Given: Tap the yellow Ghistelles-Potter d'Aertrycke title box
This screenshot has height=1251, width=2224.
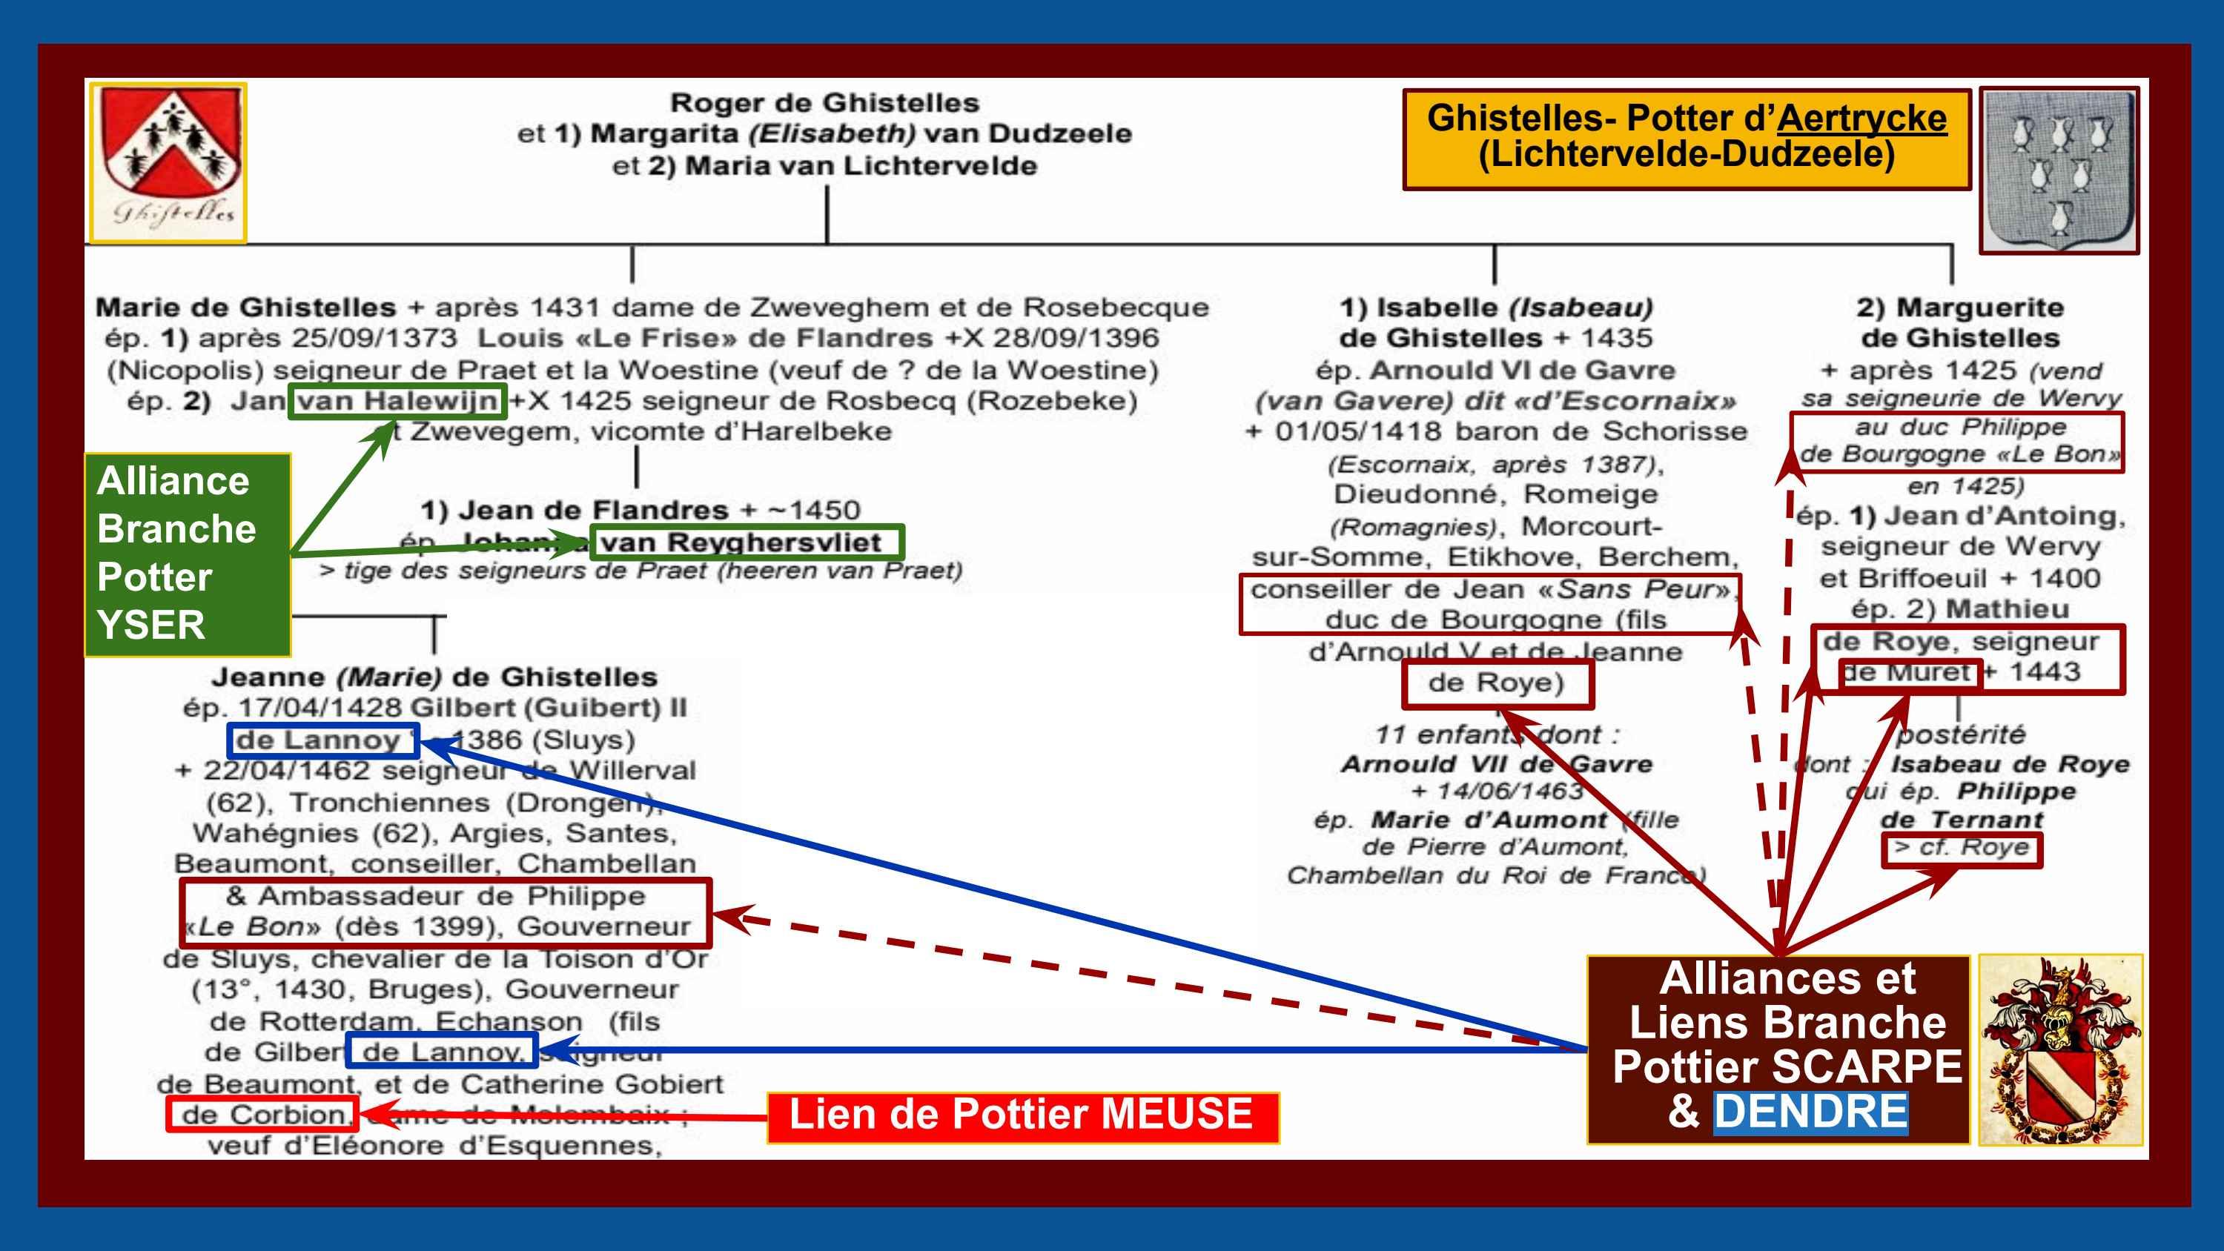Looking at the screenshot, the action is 1686,138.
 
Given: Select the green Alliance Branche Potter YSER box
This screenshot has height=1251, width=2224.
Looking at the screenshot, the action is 188,554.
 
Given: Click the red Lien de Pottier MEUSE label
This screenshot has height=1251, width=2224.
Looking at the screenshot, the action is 1022,1115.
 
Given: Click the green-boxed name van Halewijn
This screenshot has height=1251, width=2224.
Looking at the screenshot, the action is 397,402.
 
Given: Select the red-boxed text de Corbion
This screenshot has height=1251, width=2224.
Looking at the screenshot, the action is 262,1115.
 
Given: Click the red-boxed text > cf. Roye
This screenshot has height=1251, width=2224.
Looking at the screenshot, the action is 1961,848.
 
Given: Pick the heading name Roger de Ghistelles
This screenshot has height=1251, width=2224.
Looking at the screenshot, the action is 824,104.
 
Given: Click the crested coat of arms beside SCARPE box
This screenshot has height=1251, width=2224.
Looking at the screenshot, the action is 2060,1049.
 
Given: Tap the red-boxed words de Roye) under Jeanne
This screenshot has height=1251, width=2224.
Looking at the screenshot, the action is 1496,683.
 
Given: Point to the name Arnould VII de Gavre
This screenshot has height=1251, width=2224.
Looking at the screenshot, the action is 1496,764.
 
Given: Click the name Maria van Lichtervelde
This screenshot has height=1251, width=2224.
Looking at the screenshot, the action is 860,166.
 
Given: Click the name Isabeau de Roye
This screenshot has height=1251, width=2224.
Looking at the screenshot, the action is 2010,765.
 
